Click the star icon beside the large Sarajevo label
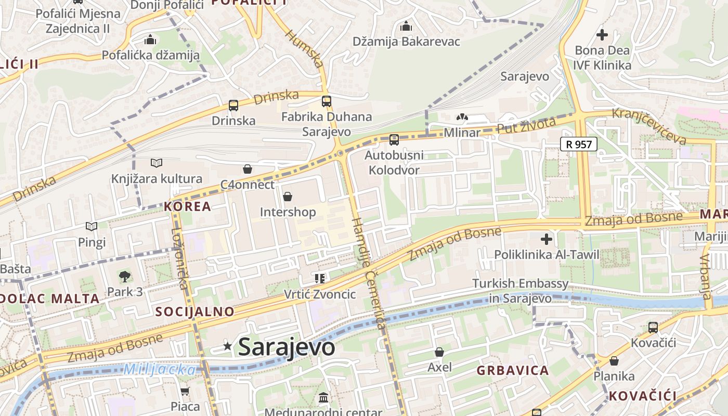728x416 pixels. coord(227,346)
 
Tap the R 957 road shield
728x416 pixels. coord(578,144)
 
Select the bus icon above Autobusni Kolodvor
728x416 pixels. coord(394,139)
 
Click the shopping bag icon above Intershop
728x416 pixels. coord(287,197)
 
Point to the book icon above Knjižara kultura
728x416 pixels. coord(157,163)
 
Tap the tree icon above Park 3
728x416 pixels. coord(124,276)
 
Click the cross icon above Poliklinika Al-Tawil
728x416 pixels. coord(547,239)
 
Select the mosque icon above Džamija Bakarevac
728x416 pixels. coord(406,26)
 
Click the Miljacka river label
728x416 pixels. coord(160,370)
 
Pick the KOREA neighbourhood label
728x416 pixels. coord(188,206)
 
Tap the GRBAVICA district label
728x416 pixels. coord(513,370)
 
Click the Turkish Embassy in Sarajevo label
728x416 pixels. coord(520,291)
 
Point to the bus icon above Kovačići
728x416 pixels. coord(653,328)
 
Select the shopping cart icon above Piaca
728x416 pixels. coord(185,391)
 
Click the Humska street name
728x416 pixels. coord(305,49)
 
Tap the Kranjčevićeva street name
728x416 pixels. coord(649,126)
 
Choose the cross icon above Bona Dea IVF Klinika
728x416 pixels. coord(602,35)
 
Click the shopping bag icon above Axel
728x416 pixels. coord(439,352)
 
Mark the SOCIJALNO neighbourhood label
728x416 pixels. coord(194,311)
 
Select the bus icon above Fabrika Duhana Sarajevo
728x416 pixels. coord(327,101)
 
